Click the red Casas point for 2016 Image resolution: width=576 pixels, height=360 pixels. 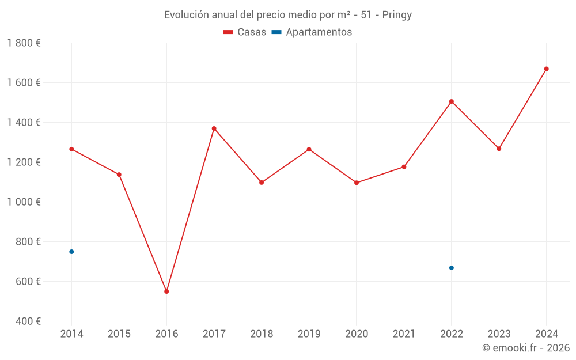tap(166, 291)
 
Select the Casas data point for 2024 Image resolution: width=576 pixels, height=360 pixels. tap(547, 69)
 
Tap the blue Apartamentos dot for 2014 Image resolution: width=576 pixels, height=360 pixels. tap(71, 252)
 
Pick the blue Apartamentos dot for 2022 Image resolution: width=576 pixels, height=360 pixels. tap(452, 268)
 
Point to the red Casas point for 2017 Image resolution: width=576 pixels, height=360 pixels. tap(214, 128)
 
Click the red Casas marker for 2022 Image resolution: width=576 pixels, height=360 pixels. tap(452, 101)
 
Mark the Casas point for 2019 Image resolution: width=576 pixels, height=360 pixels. tap(309, 150)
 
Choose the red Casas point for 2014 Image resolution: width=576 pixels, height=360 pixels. tap(71, 149)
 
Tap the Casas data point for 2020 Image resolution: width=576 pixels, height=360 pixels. tap(357, 183)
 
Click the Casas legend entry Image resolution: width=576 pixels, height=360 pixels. tap(245, 32)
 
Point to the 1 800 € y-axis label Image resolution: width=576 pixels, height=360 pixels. tap(24, 43)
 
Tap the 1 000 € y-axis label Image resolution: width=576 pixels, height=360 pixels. tap(24, 202)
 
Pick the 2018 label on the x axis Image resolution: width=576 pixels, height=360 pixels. tap(262, 334)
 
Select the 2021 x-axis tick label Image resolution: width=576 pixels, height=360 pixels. tap(404, 334)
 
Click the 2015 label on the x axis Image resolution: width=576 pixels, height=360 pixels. tap(119, 334)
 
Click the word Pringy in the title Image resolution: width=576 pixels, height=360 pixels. tap(397, 15)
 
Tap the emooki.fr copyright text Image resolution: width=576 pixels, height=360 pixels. tap(526, 348)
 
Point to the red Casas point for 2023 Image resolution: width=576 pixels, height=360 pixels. tap(499, 149)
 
